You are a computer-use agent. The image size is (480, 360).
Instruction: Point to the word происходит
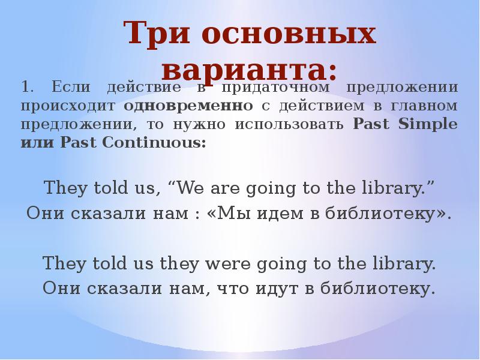click(x=69, y=106)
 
